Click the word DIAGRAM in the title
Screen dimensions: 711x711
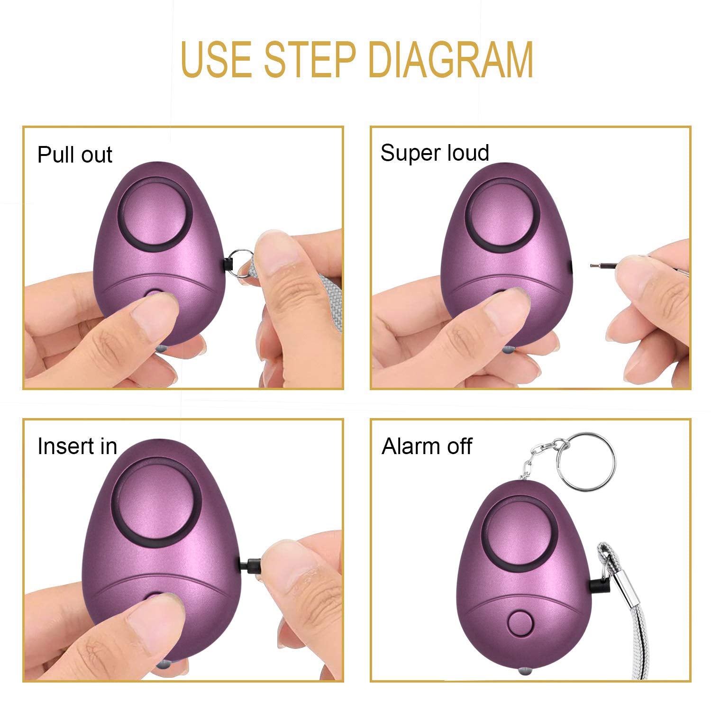(x=452, y=60)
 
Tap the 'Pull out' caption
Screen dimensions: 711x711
(x=74, y=155)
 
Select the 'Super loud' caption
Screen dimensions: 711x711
(x=434, y=153)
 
